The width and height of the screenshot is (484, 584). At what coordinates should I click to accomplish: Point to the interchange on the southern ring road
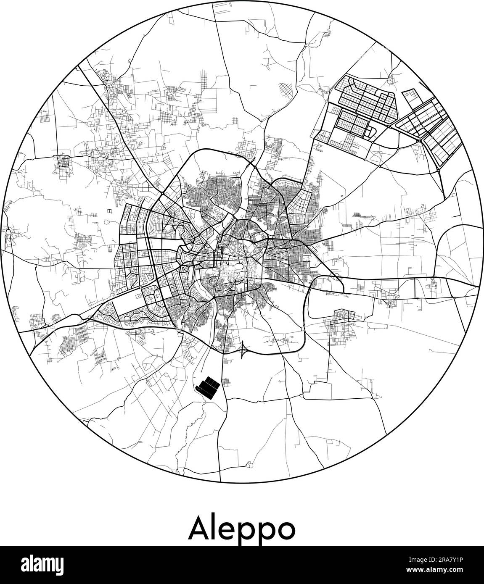pos(243,349)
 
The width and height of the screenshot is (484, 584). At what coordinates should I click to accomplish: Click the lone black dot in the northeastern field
pos(341,196)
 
